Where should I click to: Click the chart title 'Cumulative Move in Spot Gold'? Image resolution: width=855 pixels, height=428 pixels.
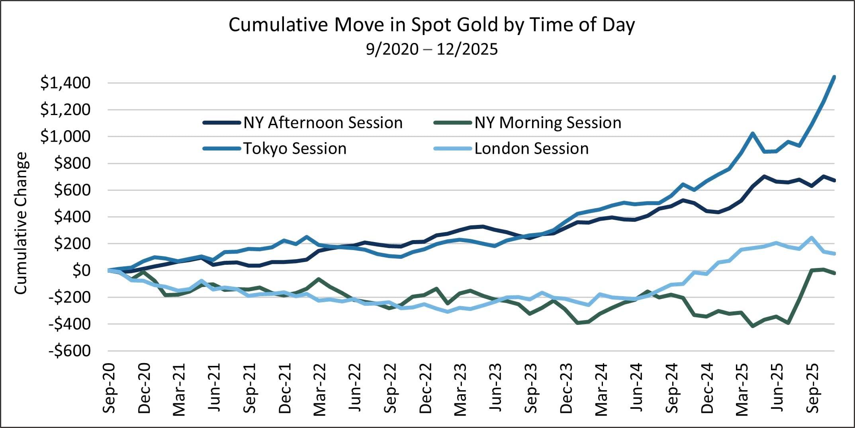tap(431, 25)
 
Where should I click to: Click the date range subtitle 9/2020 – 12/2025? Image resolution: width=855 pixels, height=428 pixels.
tap(432, 49)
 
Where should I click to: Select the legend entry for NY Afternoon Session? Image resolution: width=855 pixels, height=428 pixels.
tap(323, 123)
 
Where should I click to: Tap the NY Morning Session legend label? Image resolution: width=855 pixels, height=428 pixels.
tap(548, 123)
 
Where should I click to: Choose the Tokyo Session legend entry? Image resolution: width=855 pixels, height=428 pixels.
tap(295, 149)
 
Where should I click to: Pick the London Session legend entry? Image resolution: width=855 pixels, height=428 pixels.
tap(531, 149)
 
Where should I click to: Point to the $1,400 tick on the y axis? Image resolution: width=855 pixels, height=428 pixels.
tap(65, 83)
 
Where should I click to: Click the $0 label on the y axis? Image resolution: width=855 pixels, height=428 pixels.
tap(81, 270)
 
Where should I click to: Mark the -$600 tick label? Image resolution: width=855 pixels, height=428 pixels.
tap(70, 351)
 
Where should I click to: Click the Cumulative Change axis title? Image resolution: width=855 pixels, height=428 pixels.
tap(21, 223)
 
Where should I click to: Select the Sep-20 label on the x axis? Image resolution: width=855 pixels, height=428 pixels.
tap(109, 388)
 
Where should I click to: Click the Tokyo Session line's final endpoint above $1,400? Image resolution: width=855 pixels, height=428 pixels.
tap(834, 77)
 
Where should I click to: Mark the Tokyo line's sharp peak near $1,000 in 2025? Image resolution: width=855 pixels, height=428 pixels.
tap(752, 133)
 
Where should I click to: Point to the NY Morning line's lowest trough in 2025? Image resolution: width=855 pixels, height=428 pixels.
tap(753, 326)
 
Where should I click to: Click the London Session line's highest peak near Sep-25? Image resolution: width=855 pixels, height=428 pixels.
tap(811, 238)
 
